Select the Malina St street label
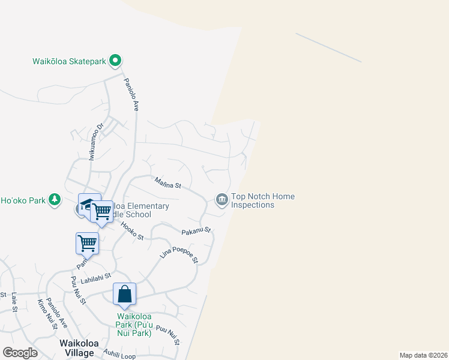point(167,182)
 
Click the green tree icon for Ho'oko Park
point(55,200)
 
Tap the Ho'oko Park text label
point(23,200)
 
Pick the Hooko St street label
point(132,232)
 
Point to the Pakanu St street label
point(196,230)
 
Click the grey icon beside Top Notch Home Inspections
point(221,200)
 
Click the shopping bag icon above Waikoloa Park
point(124,294)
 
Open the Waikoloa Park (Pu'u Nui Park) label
point(134,325)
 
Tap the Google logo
point(20,353)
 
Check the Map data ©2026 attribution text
point(424,355)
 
